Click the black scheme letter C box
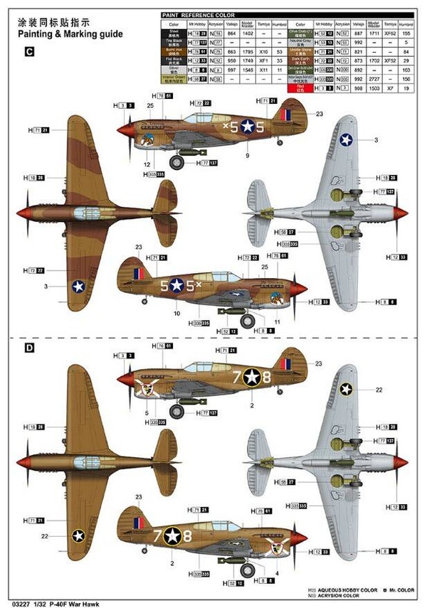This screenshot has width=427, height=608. [29, 51]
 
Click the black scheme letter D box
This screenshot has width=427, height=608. [29, 348]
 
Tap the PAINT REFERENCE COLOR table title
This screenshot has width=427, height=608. [197, 14]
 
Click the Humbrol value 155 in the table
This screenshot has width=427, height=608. [406, 33]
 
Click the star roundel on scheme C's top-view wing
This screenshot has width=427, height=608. [78, 287]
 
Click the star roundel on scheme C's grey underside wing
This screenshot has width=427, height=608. [346, 142]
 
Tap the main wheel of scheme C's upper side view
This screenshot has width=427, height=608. [177, 163]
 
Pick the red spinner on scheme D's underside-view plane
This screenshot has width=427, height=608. [403, 463]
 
